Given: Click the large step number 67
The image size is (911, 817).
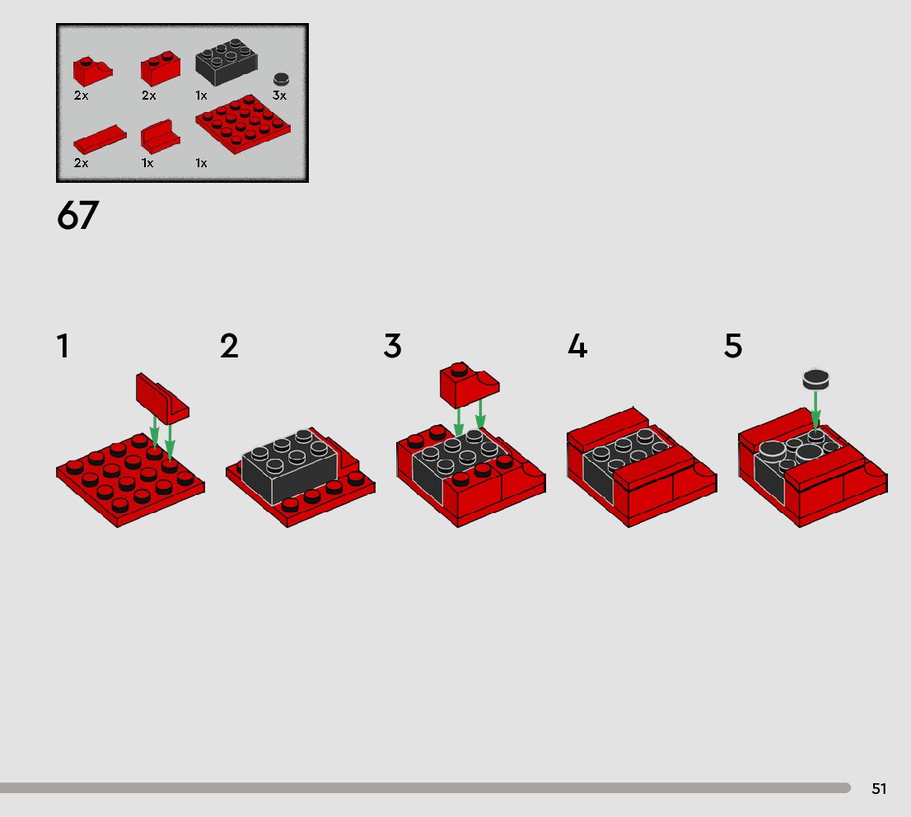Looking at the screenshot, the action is tap(78, 216).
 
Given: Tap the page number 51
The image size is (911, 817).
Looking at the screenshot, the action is tap(878, 788).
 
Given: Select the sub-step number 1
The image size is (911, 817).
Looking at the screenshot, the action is tap(63, 347).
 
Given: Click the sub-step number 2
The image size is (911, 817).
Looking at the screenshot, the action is tap(230, 347).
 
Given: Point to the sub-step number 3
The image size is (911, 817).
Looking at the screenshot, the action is tap(393, 347).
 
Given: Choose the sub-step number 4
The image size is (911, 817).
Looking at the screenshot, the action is tap(577, 347).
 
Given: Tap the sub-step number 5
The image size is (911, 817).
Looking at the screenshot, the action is tap(733, 347).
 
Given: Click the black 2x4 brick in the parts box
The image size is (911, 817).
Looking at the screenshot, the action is tap(227, 62).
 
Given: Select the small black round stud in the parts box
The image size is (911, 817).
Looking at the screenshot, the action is tap(281, 80).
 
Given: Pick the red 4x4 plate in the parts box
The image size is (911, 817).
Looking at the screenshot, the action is tap(243, 124).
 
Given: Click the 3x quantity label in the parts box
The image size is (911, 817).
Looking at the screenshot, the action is tap(279, 96).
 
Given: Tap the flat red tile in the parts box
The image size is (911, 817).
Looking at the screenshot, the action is tap(100, 139).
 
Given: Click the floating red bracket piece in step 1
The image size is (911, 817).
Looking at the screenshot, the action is tap(162, 399).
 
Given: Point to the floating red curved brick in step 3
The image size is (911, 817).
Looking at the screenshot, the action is tap(470, 385).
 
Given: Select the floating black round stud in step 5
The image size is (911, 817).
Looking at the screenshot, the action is tap(815, 380).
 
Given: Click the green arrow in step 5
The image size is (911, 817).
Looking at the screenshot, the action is tap(815, 410).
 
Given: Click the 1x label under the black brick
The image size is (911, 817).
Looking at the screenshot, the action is tap(201, 96).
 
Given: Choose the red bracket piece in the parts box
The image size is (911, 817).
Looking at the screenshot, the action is tap(161, 138).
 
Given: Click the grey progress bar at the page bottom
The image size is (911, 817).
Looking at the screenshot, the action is tap(425, 788).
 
